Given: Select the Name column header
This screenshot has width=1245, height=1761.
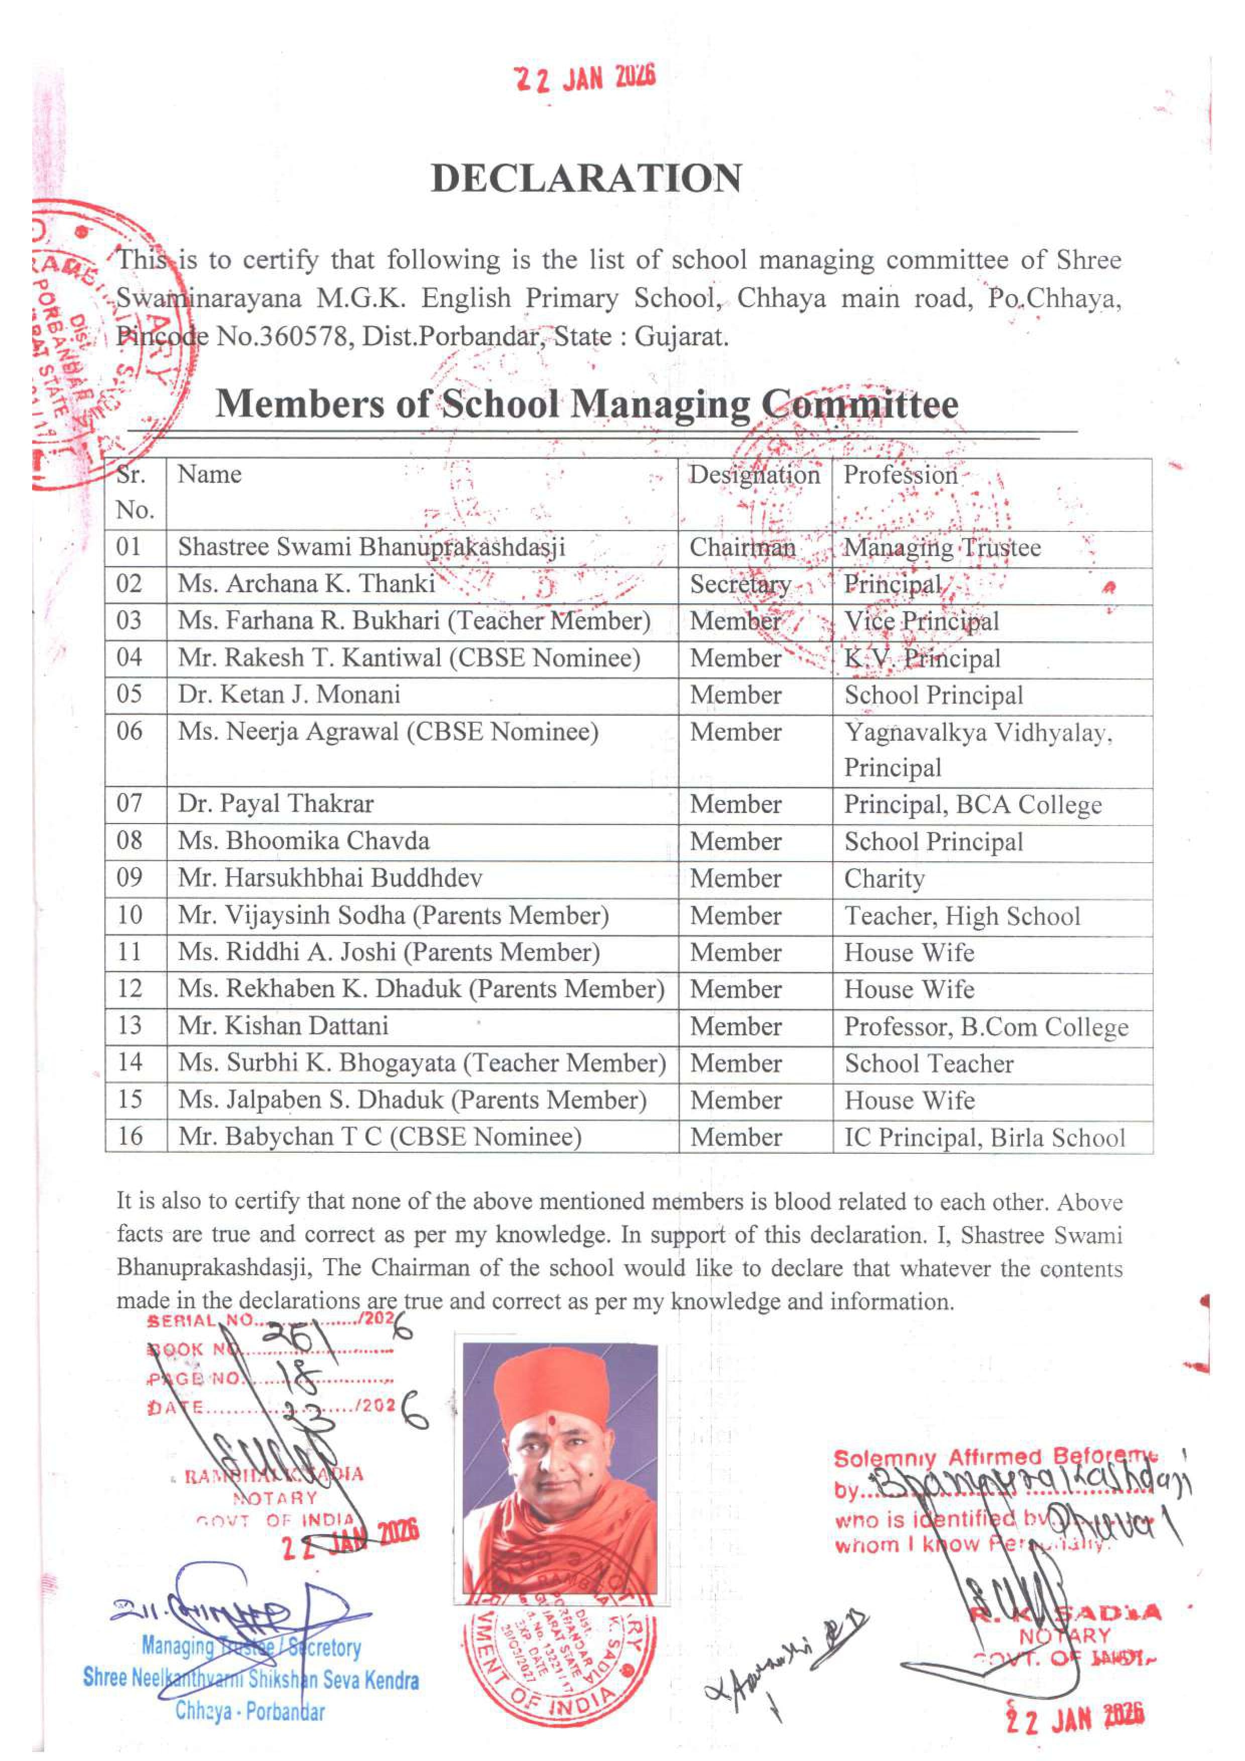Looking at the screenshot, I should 209,475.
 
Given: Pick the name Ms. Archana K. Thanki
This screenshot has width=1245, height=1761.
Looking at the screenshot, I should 307,584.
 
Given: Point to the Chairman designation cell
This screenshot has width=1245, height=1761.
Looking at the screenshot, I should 742,548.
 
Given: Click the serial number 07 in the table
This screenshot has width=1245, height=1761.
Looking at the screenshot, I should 130,804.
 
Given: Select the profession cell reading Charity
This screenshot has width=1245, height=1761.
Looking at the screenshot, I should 885,879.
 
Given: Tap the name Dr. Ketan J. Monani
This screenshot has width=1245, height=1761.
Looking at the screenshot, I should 289,695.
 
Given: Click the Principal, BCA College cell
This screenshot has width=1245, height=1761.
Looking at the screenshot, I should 973,804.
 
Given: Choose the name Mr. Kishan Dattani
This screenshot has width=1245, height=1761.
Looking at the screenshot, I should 283,1026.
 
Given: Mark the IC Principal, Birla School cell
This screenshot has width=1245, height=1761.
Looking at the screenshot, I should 984,1137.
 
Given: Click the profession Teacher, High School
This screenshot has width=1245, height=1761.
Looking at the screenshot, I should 962,916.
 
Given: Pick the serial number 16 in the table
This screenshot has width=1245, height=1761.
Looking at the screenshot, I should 130,1137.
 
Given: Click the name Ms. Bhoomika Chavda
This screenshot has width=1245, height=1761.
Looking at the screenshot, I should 304,842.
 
